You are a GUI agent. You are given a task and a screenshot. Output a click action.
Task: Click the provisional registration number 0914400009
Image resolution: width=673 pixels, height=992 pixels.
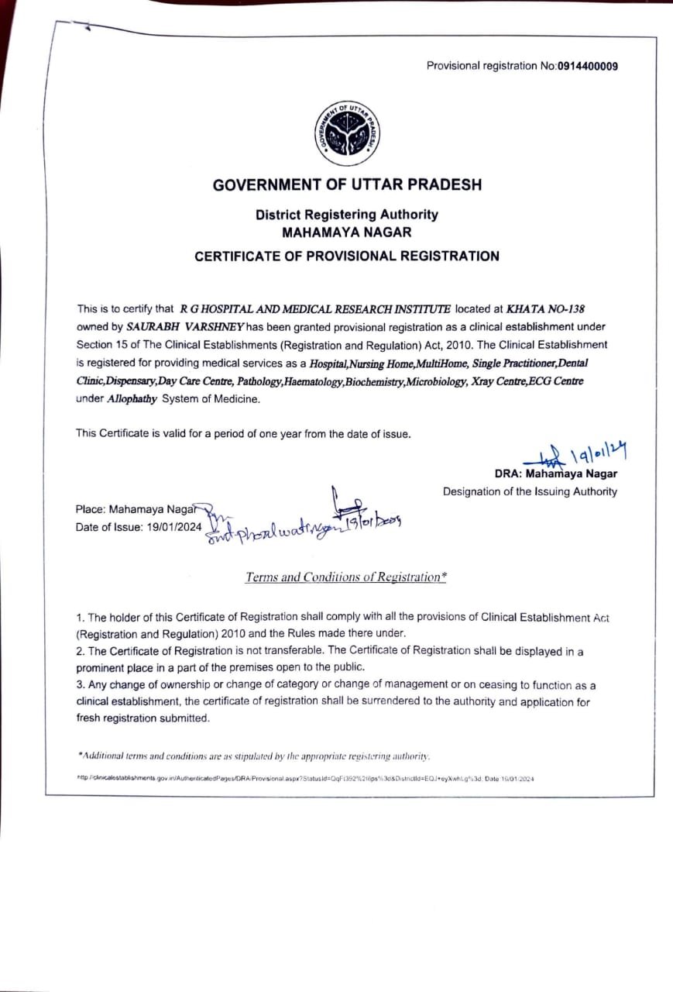point(588,66)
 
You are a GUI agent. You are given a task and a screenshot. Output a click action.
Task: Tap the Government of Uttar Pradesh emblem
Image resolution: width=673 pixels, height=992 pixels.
point(347,134)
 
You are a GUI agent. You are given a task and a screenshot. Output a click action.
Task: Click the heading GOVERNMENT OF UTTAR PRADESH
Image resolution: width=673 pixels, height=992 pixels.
point(347,185)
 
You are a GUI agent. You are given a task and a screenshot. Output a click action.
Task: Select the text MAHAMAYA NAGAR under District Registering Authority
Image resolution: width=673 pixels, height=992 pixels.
point(347,232)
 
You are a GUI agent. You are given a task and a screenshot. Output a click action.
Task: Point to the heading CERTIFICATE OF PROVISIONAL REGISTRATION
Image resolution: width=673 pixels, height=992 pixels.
point(347,256)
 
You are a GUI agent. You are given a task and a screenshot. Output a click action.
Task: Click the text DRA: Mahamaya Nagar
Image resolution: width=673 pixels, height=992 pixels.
point(555,474)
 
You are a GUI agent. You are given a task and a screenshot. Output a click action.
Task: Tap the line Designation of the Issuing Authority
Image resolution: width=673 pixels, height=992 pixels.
point(530,491)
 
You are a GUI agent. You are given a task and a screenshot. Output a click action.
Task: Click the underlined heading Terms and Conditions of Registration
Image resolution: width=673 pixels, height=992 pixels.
point(345,577)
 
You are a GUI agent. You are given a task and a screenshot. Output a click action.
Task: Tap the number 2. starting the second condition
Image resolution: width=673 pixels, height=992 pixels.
point(80,652)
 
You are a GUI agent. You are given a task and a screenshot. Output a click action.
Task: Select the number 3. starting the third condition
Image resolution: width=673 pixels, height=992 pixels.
point(80,685)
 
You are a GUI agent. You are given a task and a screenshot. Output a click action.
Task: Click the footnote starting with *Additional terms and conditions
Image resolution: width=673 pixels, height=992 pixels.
point(254,756)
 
